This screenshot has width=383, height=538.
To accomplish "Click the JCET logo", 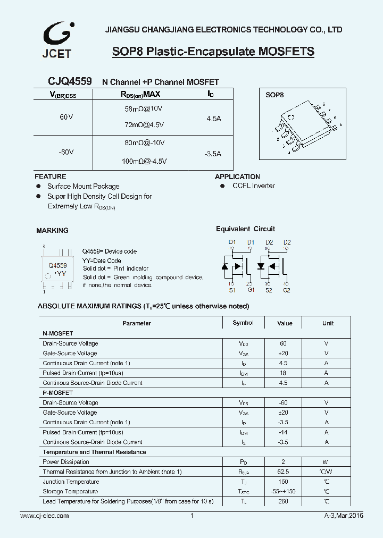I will point(57,40).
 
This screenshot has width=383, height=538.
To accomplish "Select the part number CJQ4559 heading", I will point(70,81).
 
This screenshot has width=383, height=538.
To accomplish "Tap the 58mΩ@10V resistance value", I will point(140,108).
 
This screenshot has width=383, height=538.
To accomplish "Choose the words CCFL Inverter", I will point(254,186).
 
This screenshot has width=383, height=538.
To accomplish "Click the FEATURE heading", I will point(50,176).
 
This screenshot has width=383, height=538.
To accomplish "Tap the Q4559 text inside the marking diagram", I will point(57,265).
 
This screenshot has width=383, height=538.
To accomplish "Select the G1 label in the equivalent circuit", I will point(251,290).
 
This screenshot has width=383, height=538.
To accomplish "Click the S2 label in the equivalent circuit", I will point(269,290).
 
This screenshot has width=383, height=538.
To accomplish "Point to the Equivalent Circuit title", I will point(245,229).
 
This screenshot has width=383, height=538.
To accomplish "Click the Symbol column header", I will point(243,323).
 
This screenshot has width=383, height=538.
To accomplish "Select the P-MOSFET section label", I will point(57,393).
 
